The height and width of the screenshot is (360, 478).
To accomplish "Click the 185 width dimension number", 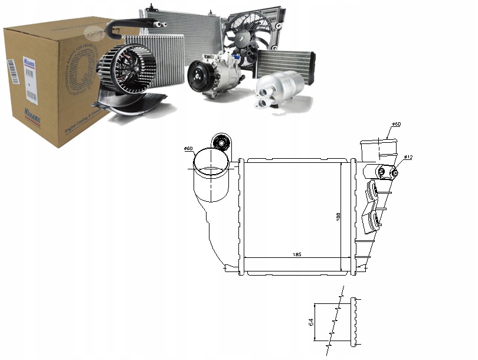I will click(x=297, y=255).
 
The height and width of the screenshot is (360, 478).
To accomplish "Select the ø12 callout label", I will click(x=407, y=157).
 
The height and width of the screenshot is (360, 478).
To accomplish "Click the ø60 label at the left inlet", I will click(x=189, y=148).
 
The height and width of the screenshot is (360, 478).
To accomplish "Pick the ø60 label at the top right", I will click(x=397, y=125).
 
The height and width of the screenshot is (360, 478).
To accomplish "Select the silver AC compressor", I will click(x=216, y=74).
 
